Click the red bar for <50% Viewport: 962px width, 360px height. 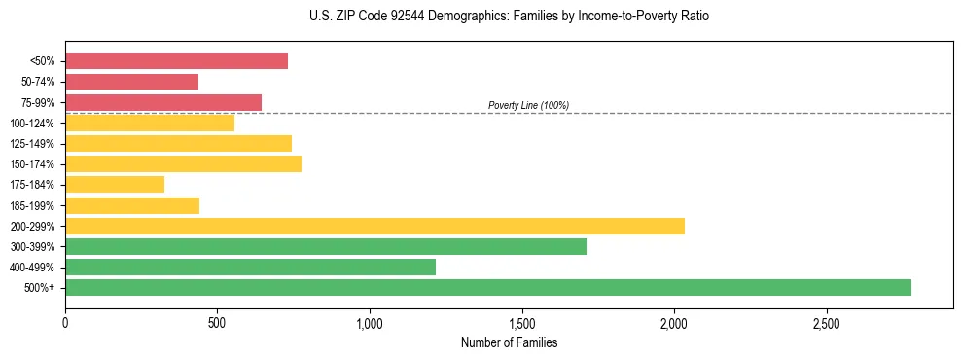pyautogui.click(x=176, y=61)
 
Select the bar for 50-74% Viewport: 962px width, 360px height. pyautogui.click(x=131, y=82)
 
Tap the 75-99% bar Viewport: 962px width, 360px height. pyautogui.click(x=163, y=102)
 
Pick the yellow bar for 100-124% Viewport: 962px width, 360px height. pyautogui.click(x=150, y=123)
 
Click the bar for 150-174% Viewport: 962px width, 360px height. pyautogui.click(x=183, y=163)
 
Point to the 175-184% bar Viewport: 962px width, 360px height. pyautogui.click(x=115, y=184)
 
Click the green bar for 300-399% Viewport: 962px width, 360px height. pyautogui.click(x=326, y=246)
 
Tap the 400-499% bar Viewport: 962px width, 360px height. pyautogui.click(x=250, y=267)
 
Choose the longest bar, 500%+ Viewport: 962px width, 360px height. pyautogui.click(x=488, y=287)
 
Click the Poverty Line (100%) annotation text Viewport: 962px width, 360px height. pyautogui.click(x=528, y=105)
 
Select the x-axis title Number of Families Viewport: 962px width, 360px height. pyautogui.click(x=509, y=342)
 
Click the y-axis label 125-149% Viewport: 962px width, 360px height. pyautogui.click(x=32, y=144)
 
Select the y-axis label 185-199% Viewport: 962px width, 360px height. pyautogui.click(x=32, y=205)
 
